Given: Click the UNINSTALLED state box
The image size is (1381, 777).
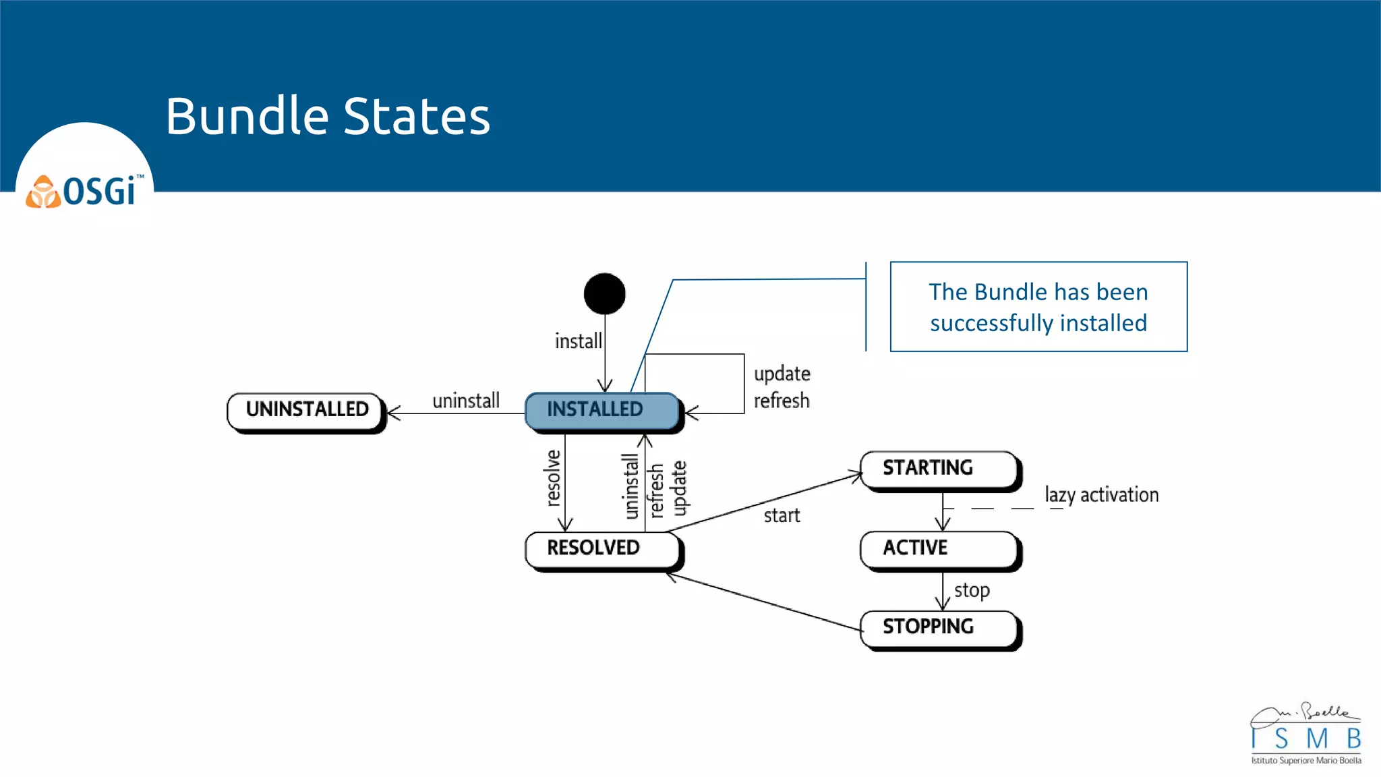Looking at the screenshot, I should coord(306,410).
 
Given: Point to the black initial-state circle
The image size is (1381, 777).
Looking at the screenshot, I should coord(604,293).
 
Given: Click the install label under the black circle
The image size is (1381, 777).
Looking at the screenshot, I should coord(578,341).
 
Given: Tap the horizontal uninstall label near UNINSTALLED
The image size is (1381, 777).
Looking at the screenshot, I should coord(466,401).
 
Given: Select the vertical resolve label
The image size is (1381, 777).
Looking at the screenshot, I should coord(553,478).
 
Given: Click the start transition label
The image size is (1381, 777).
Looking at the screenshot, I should coord(782,516).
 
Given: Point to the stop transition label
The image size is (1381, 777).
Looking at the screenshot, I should coord(972,590).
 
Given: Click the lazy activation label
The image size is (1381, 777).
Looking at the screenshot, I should coord(1101,495).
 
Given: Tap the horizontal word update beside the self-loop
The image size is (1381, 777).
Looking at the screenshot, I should coord(782,374).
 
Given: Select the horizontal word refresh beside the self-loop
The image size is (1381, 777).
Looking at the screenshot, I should coord(782,401).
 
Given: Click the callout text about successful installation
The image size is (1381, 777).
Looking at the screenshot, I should coord(1038,307).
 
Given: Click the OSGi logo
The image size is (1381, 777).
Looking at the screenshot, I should coord(85,192).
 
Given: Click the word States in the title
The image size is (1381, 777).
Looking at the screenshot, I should coord(417,116).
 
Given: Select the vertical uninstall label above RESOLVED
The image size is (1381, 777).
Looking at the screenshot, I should coord(630,486).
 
